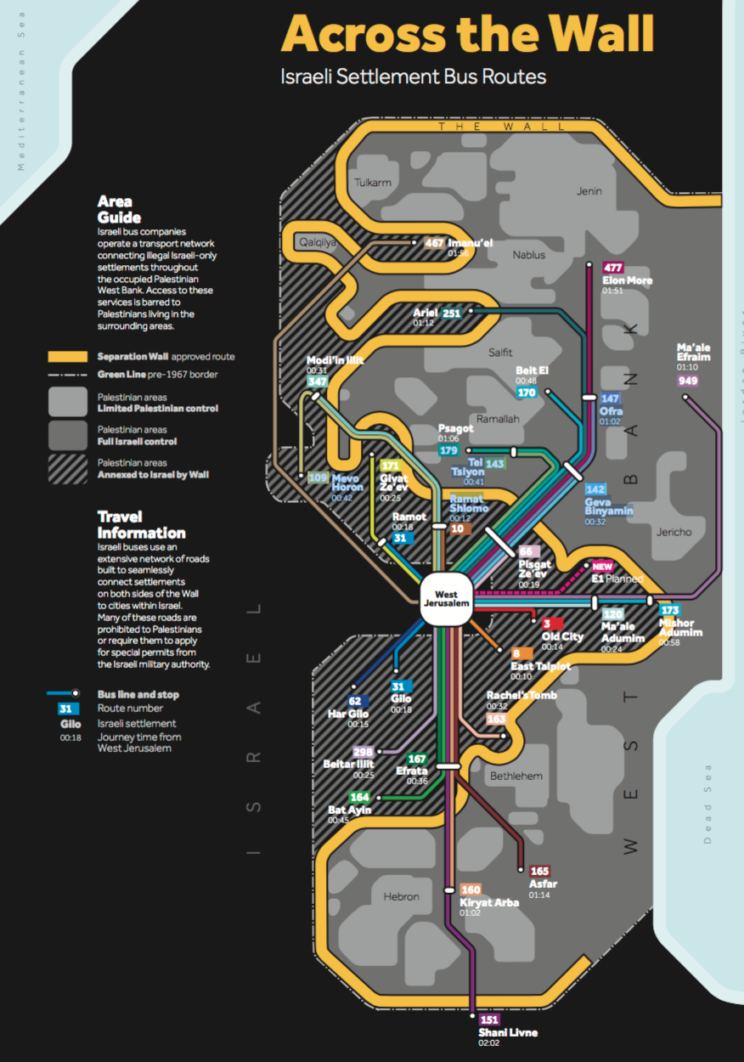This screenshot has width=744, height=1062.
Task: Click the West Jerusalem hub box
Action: (x=446, y=599)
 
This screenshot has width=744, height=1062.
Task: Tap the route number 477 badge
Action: (x=613, y=268)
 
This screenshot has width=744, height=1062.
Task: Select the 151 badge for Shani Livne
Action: (x=489, y=1020)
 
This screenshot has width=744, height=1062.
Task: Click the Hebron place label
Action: (x=401, y=896)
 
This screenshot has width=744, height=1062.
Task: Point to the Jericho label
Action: (x=674, y=533)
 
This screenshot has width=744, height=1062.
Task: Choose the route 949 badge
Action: (x=687, y=380)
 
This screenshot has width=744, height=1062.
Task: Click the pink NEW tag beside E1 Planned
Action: (x=602, y=567)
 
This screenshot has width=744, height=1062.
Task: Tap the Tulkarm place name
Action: (x=371, y=183)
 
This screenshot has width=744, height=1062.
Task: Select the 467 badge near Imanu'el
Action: (x=435, y=243)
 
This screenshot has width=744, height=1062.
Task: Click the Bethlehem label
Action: (x=516, y=776)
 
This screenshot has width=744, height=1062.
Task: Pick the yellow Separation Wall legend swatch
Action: (x=67, y=357)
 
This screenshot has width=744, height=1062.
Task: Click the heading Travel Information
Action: (x=141, y=525)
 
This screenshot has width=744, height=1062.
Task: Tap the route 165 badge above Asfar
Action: (x=540, y=871)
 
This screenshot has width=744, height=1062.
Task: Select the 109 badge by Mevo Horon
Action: (x=318, y=478)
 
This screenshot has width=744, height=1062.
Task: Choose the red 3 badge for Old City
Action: (x=547, y=624)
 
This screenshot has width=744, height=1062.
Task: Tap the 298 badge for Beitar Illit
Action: (x=363, y=753)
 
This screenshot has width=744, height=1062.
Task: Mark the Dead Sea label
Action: (x=707, y=803)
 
